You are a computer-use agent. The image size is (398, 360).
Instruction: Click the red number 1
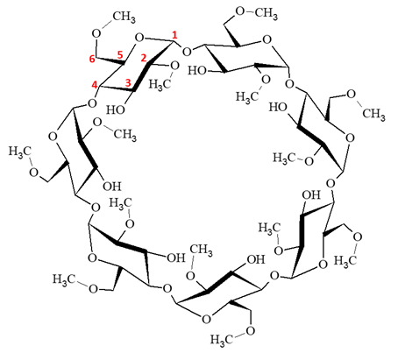(x=174, y=36)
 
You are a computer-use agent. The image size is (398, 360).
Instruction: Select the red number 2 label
(x=144, y=58)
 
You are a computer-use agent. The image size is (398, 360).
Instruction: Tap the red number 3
(x=128, y=83)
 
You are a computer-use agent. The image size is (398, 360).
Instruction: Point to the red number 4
(x=94, y=85)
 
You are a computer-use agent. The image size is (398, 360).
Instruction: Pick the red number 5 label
(x=119, y=54)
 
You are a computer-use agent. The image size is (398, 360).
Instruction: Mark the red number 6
(x=92, y=60)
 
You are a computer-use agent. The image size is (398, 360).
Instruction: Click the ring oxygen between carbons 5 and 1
(x=139, y=38)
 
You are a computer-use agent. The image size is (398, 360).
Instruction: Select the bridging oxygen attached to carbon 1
(x=187, y=52)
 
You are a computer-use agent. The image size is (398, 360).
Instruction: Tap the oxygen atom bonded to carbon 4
(x=92, y=103)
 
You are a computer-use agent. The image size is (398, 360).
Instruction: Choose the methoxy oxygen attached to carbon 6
(x=96, y=33)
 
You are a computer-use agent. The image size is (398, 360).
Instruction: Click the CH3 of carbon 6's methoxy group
(x=124, y=18)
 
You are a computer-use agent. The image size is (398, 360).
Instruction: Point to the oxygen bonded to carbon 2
(x=174, y=66)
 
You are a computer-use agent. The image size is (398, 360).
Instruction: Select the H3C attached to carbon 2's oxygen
(x=160, y=84)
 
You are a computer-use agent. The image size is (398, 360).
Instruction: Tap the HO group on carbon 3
(x=116, y=109)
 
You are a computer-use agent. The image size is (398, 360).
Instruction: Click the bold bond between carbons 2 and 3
(x=141, y=76)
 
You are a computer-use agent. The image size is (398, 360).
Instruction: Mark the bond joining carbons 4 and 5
(x=112, y=74)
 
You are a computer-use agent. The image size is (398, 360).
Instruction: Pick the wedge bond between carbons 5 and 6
(x=110, y=60)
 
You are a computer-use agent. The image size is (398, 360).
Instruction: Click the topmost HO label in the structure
(x=197, y=70)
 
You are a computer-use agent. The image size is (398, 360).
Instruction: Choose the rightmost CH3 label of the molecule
(x=373, y=114)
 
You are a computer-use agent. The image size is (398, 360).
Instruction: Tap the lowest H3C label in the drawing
(x=221, y=340)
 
